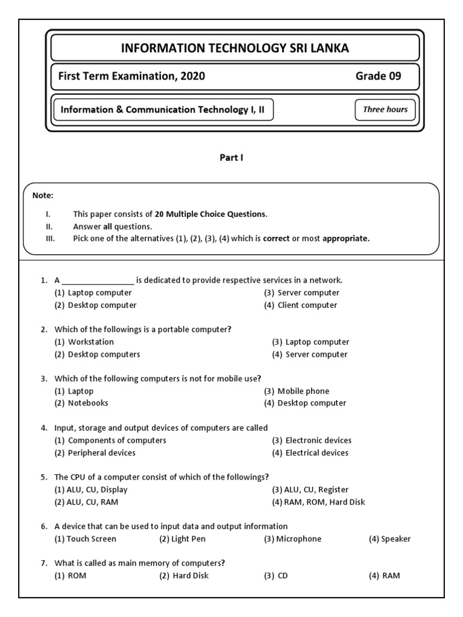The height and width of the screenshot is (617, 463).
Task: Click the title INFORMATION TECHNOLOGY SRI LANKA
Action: (235, 48)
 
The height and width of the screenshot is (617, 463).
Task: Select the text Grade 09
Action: (378, 76)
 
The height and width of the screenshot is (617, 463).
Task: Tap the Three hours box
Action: (385, 110)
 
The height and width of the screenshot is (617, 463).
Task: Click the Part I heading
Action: (231, 158)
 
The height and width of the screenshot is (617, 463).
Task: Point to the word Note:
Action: (43, 195)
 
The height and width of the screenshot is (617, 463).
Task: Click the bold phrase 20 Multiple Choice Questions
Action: (210, 214)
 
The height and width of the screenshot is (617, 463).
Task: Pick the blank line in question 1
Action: (98, 281)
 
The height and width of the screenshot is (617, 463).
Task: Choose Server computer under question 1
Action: (308, 293)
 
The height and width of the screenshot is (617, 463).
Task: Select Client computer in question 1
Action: (307, 305)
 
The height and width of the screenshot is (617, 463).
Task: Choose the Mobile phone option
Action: (303, 391)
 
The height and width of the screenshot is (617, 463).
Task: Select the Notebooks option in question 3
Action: (88, 403)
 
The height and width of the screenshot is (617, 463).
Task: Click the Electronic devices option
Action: (318, 440)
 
